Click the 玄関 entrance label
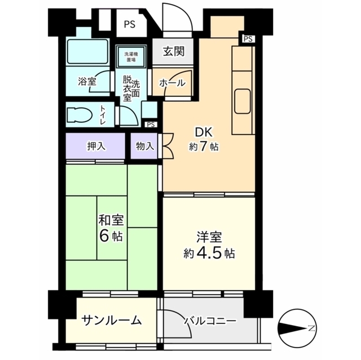pyautogui.click(x=174, y=52)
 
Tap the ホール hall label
pyautogui.click(x=172, y=83)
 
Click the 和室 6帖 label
pyautogui.click(x=111, y=226)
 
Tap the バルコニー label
pyautogui.click(x=209, y=321)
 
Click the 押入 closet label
pyautogui.click(x=95, y=146)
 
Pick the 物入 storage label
pyautogui.click(x=144, y=146)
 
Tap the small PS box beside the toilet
pyautogui.click(x=150, y=125)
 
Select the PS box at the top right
pyautogui.click(x=249, y=39)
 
